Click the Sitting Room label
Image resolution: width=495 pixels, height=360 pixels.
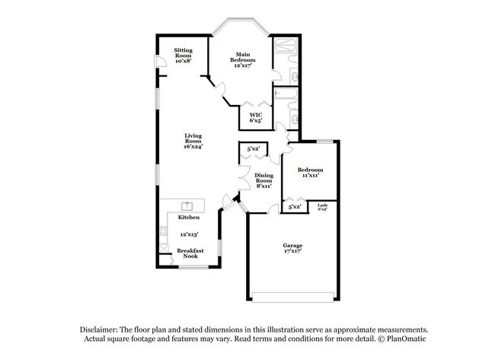click(x=184, y=54)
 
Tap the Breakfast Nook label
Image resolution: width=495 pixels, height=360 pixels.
click(x=190, y=254)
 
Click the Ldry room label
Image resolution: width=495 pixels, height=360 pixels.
click(x=323, y=205)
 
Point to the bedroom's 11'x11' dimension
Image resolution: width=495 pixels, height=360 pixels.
click(x=310, y=175)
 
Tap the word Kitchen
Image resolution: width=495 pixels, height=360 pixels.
click(x=189, y=218)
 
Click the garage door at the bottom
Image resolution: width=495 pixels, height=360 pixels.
click(x=293, y=295)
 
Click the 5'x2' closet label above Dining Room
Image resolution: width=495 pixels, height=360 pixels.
click(x=253, y=149)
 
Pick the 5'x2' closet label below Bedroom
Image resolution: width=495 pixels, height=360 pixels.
click(x=294, y=206)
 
